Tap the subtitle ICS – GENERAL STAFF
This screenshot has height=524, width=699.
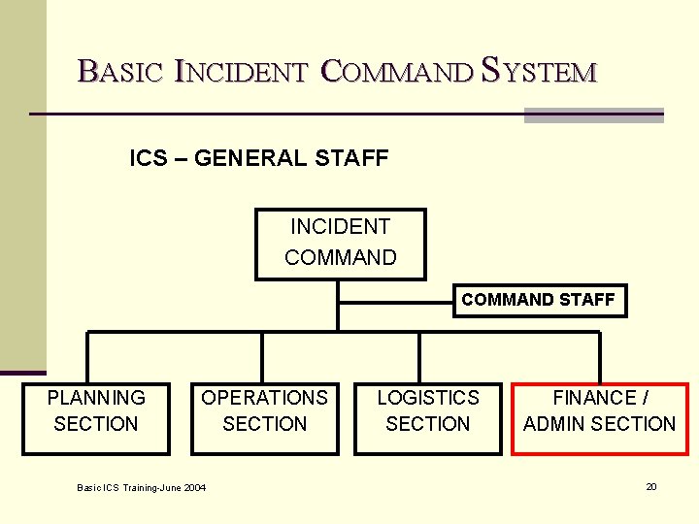click(x=259, y=157)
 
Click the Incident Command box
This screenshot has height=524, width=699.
click(x=341, y=244)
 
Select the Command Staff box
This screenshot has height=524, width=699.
click(x=538, y=300)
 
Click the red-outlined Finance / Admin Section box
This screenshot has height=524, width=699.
click(x=599, y=419)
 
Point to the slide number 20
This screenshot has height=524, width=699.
click(x=651, y=486)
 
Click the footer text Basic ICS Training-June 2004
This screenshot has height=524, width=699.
click(x=142, y=487)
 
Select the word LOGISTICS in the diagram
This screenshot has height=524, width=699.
click(x=428, y=398)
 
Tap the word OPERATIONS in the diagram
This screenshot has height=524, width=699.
click(x=264, y=398)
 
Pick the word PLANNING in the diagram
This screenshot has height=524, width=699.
click(x=96, y=398)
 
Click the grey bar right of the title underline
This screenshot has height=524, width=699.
click(x=593, y=115)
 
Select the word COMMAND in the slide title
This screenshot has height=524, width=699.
click(x=397, y=71)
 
